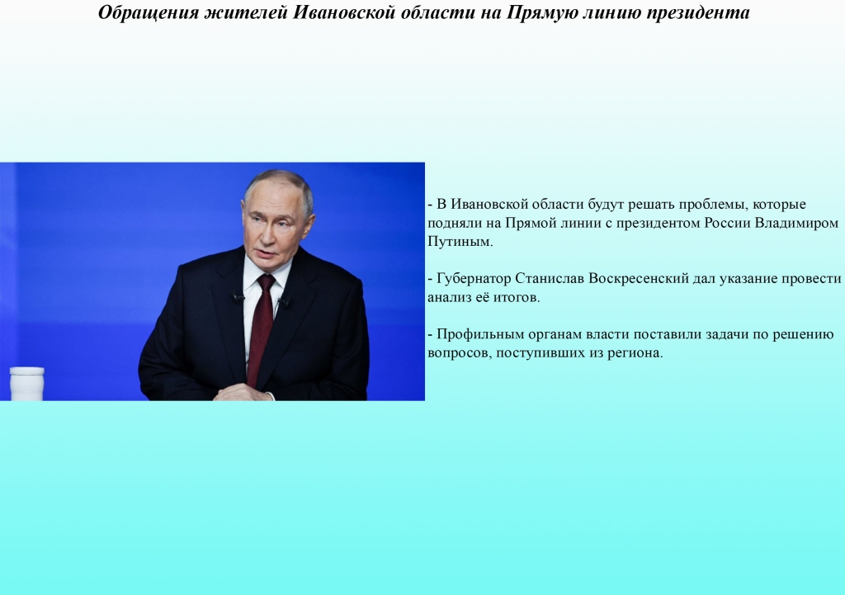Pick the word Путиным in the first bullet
(x=460, y=242)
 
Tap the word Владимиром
(x=796, y=223)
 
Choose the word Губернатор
(x=474, y=279)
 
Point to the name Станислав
(x=550, y=279)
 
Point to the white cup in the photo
(x=27, y=383)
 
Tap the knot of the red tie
(x=266, y=281)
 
